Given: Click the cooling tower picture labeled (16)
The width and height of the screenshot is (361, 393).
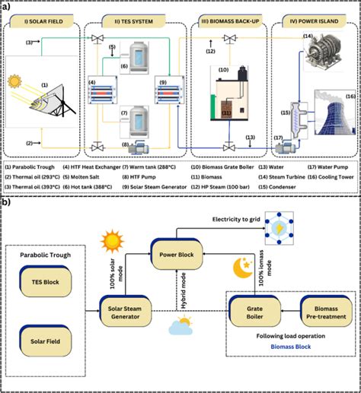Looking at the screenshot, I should coord(332,115).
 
